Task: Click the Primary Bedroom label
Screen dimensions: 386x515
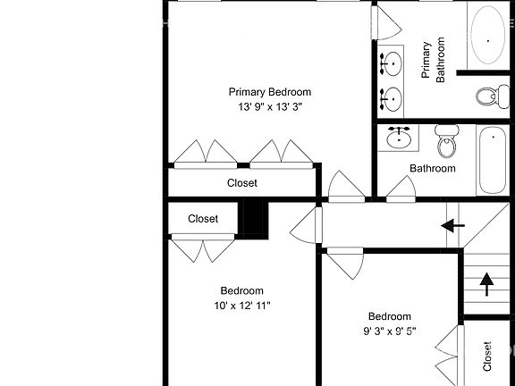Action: (x=269, y=91)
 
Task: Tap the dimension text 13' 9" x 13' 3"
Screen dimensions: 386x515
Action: (x=269, y=106)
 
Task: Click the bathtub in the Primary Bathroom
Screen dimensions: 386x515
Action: (x=488, y=35)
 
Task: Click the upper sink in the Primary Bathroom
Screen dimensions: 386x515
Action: (x=393, y=63)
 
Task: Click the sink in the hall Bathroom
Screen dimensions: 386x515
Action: (x=400, y=138)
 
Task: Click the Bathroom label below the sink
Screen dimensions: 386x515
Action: (x=433, y=168)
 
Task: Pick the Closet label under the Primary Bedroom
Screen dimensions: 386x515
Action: (x=241, y=183)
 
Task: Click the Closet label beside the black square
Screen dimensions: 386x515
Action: (x=203, y=219)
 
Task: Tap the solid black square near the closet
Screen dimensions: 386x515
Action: (x=255, y=219)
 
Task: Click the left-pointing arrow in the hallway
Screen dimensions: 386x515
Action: (x=454, y=224)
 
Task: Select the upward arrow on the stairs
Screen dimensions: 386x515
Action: (x=486, y=284)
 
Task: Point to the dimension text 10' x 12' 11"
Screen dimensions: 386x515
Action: (x=241, y=306)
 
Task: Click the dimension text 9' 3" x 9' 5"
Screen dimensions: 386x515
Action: (x=390, y=331)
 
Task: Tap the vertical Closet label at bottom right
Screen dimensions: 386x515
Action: (x=487, y=356)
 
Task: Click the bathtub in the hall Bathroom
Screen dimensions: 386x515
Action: (x=493, y=161)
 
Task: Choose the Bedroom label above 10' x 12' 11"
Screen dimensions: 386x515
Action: (x=241, y=290)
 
